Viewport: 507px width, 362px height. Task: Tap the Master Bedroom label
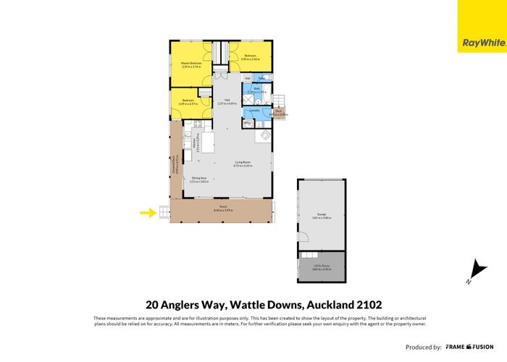[190, 64]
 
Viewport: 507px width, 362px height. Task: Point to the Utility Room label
[322, 266]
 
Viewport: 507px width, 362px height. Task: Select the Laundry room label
[255, 110]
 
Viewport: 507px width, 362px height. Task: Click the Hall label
[227, 100]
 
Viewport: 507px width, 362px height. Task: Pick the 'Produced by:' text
[423, 347]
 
